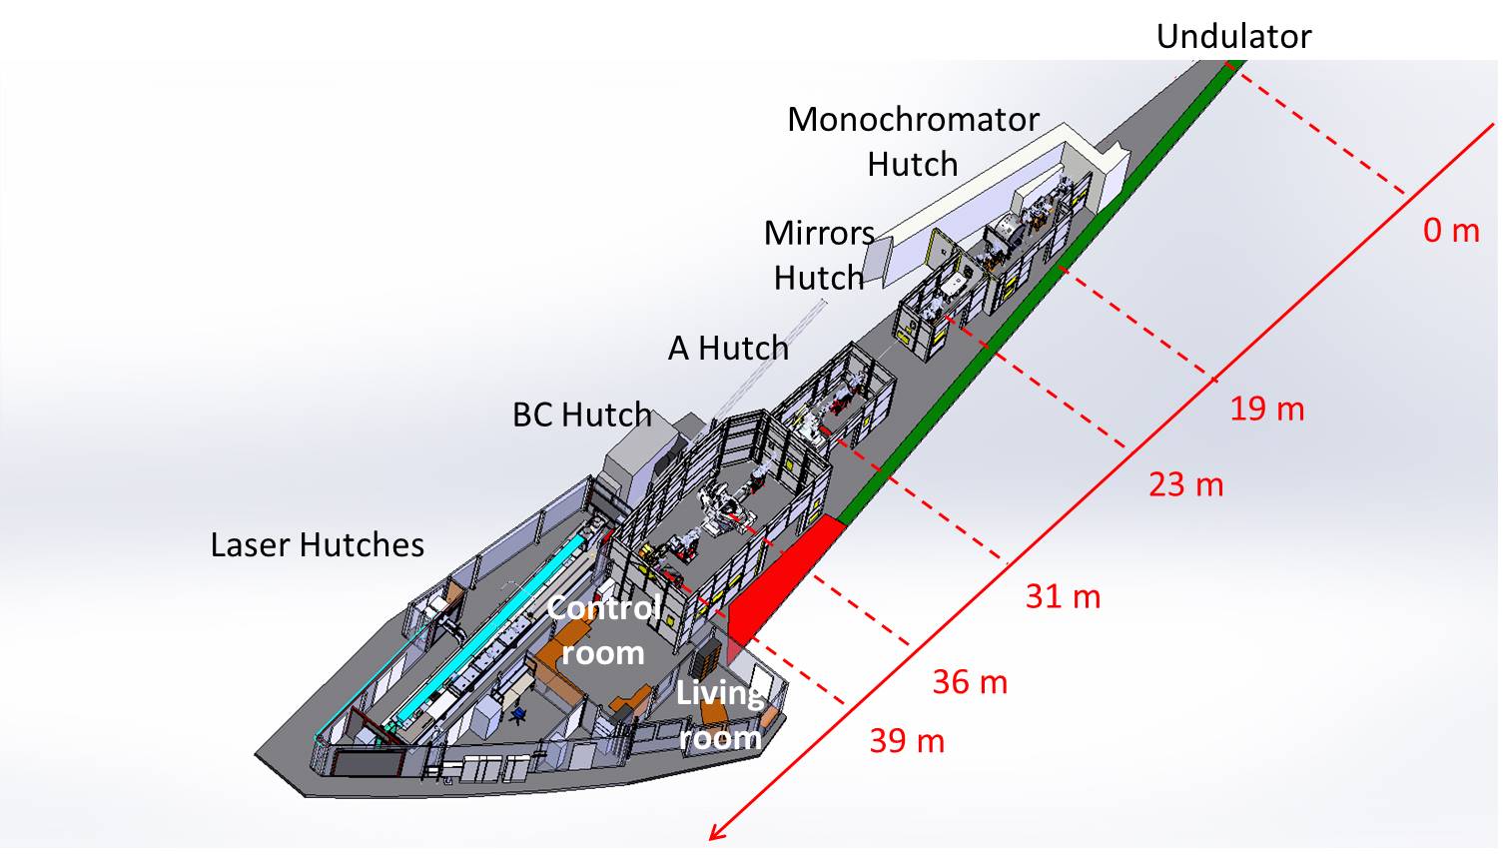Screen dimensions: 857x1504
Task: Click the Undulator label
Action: click(1232, 37)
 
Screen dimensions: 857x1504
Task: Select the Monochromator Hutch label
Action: click(913, 141)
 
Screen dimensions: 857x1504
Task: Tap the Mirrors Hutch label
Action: click(819, 255)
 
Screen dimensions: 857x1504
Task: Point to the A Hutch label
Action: click(728, 348)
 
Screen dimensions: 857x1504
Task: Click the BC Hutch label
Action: click(581, 415)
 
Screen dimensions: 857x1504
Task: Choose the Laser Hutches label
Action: click(317, 544)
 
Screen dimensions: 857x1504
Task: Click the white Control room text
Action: click(603, 630)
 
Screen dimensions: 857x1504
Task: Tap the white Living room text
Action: click(719, 715)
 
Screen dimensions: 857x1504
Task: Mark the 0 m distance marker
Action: click(1450, 231)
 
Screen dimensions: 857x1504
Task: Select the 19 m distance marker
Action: click(1266, 409)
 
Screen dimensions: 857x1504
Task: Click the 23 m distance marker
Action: click(1185, 484)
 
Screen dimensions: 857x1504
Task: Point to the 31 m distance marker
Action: click(1063, 596)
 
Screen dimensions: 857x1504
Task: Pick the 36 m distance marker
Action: click(970, 682)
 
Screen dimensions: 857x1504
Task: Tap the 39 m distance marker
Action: click(906, 741)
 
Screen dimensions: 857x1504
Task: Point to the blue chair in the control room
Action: click(518, 713)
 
